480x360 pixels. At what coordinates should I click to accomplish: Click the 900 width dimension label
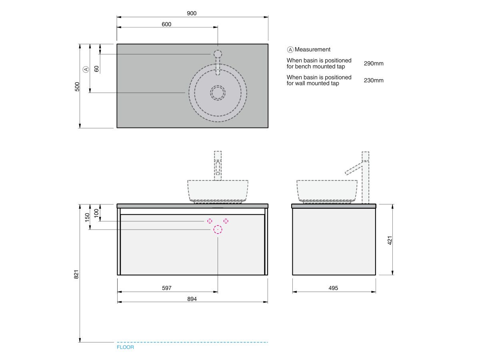192,13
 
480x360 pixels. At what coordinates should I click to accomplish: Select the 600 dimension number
166,24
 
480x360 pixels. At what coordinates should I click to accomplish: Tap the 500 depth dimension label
77,86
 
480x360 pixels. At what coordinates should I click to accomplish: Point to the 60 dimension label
96,69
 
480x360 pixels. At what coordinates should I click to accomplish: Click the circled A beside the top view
86,69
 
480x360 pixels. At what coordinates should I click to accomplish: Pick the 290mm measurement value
374,63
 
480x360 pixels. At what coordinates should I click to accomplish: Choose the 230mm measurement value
374,80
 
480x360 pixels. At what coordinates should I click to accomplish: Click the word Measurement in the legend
312,49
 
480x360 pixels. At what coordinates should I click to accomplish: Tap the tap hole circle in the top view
218,54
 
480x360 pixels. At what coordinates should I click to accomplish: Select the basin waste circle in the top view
218,93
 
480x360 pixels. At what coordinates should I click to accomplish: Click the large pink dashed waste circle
218,230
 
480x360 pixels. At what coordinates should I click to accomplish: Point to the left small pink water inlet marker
210,221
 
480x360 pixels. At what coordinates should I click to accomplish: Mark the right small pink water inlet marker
226,221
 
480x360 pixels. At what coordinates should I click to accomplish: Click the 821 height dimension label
76,274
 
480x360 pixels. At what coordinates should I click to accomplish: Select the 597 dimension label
167,288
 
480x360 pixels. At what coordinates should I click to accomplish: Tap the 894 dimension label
192,299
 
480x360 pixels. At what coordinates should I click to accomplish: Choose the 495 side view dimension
333,288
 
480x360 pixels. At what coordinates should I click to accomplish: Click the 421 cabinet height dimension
390,240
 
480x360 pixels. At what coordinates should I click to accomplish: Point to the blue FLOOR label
125,347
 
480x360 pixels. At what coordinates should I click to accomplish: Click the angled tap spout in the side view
354,168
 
